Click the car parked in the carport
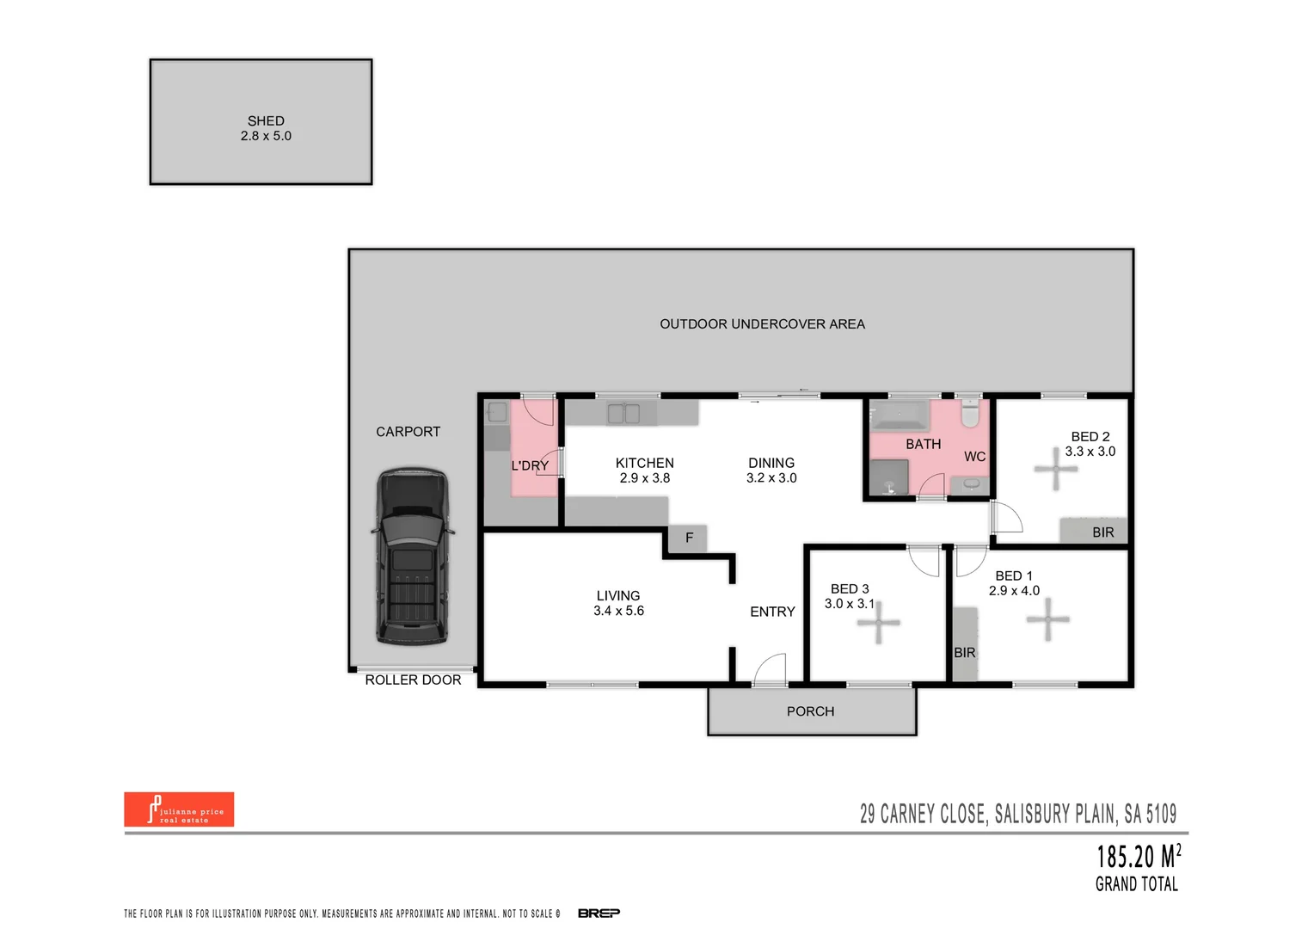413,557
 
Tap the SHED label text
266,121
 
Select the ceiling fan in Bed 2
1055,469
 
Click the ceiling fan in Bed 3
878,622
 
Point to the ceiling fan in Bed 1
1047,618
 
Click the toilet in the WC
970,414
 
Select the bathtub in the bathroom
900,416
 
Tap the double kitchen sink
623,414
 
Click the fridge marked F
688,538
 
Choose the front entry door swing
771,669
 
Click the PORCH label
810,711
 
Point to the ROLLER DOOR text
413,680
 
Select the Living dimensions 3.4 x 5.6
618,611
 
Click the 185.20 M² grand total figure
1138,857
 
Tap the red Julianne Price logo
179,809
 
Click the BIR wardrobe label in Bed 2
1102,532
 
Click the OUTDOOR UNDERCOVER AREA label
762,324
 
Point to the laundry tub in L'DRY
498,413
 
